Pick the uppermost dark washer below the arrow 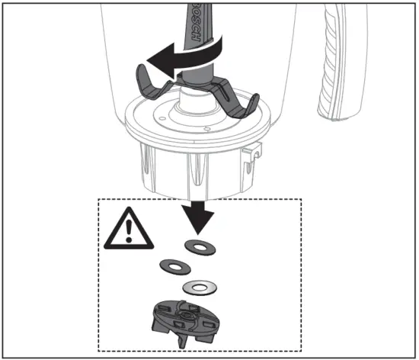click(x=200, y=248)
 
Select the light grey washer click(x=200, y=288)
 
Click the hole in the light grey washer click(x=200, y=288)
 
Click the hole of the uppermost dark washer click(x=200, y=248)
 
